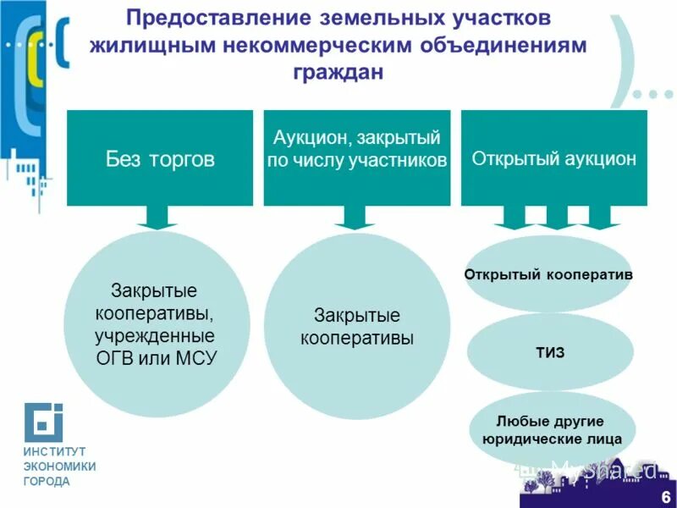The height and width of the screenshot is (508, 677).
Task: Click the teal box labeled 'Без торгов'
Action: coord(160,158)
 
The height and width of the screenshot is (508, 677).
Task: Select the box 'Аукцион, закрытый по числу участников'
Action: coord(356,158)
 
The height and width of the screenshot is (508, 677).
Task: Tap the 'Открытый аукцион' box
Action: coord(553,158)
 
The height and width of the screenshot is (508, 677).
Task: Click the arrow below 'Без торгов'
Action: coord(156,218)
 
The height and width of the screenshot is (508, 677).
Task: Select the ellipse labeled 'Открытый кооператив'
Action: coord(548,275)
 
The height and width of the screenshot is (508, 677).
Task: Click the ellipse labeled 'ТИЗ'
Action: coord(550,351)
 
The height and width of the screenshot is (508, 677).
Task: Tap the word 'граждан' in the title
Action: coord(338,72)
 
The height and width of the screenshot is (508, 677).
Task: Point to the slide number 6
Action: coord(666,496)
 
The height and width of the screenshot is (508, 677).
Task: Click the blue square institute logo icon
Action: coord(42,422)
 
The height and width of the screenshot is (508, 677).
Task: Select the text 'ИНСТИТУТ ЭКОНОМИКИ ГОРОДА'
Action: coord(59,467)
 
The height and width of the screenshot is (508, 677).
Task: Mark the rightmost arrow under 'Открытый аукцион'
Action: coord(598,220)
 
